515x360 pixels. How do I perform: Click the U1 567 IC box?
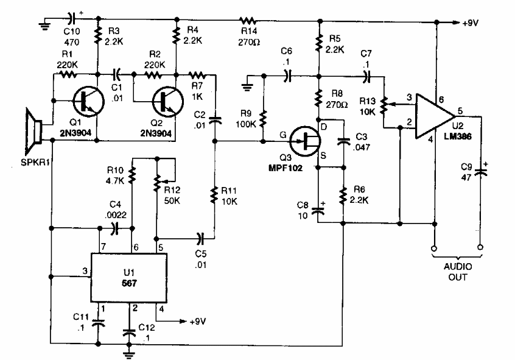[128, 277]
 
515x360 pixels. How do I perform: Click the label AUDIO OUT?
[456, 272]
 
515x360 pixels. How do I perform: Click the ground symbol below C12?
[128, 350]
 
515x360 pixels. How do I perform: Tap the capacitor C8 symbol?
[317, 211]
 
